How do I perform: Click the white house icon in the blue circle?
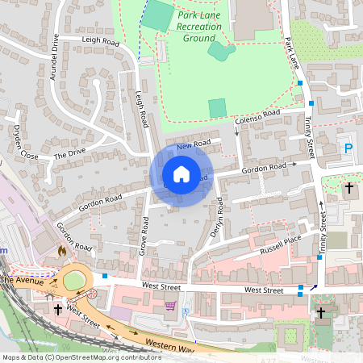(181, 174)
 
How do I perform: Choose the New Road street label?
(194, 144)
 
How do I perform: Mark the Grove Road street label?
(144, 235)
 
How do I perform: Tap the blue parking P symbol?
(348, 148)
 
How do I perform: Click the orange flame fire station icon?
(61, 252)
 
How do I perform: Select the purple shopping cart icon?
(170, 306)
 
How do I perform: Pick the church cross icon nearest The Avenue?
(58, 308)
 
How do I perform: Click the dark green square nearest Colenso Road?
(217, 107)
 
